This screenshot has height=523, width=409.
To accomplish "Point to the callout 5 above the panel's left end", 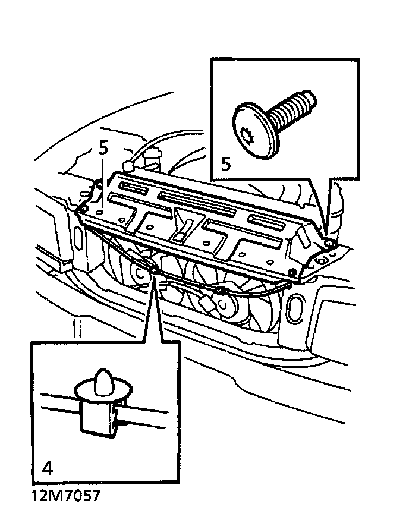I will point(103,149).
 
